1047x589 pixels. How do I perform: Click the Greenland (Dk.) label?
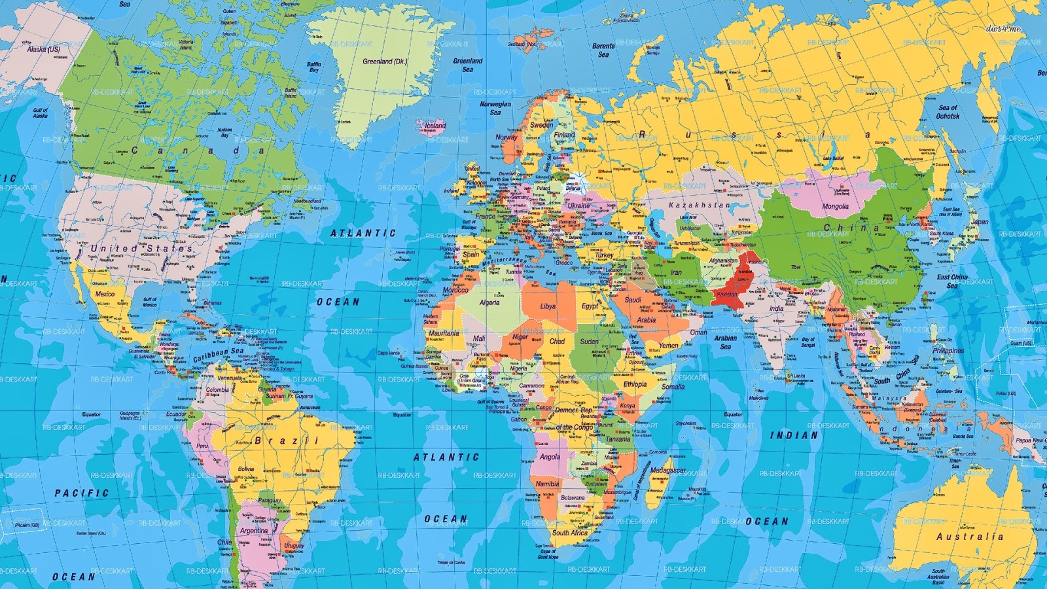[385, 62]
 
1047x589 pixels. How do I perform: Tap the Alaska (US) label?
[43, 49]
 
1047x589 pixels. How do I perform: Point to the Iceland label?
[435, 125]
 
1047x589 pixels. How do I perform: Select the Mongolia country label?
[835, 206]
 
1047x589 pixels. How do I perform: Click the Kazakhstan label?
[699, 205]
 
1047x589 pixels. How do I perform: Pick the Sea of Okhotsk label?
[948, 112]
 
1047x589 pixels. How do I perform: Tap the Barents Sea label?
[603, 50]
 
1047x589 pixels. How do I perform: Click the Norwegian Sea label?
[495, 108]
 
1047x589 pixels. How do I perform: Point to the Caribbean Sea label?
[218, 355]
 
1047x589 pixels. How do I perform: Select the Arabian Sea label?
[725, 342]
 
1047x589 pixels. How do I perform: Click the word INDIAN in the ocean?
[794, 435]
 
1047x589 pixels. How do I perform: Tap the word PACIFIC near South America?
[82, 493]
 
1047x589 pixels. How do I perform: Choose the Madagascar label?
[667, 471]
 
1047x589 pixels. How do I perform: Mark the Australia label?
[970, 537]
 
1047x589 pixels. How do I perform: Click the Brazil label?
[287, 440]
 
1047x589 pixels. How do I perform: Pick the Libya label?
[548, 306]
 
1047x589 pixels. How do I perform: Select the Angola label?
[550, 457]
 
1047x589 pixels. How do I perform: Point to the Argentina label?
[254, 531]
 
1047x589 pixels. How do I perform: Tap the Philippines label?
[948, 351]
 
